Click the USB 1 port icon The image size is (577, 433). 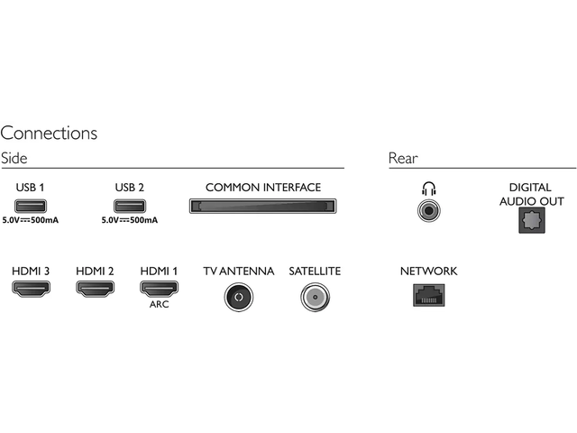(x=31, y=206)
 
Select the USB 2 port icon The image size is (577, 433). (x=130, y=206)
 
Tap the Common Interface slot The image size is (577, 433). (x=262, y=206)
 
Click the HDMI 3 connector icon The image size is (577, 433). (x=31, y=289)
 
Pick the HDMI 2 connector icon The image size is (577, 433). (x=95, y=289)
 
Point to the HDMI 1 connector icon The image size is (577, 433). (x=159, y=289)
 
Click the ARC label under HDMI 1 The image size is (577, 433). (x=159, y=304)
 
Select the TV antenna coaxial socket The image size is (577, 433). (x=238, y=297)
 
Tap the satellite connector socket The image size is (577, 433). (x=315, y=297)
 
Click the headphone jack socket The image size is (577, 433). (x=429, y=210)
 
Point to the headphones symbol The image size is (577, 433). (x=429, y=189)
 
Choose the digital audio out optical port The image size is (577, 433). (x=532, y=220)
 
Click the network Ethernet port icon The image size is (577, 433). (x=429, y=295)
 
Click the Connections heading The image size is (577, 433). (x=49, y=133)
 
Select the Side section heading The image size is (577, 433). (x=14, y=159)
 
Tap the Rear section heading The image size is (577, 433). (x=403, y=159)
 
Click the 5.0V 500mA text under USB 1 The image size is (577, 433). (x=31, y=220)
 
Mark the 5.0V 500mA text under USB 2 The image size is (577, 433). (x=130, y=220)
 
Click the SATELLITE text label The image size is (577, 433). (x=315, y=272)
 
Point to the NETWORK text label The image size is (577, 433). (x=429, y=272)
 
